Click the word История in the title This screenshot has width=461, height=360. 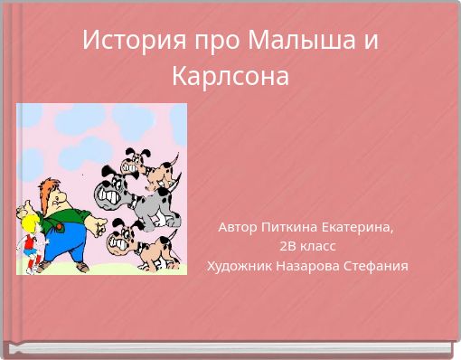click(122, 42)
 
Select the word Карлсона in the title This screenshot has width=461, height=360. click(230, 76)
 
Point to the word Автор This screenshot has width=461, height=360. click(237, 227)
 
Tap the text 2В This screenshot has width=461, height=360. click(287, 246)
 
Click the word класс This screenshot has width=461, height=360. click(318, 246)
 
